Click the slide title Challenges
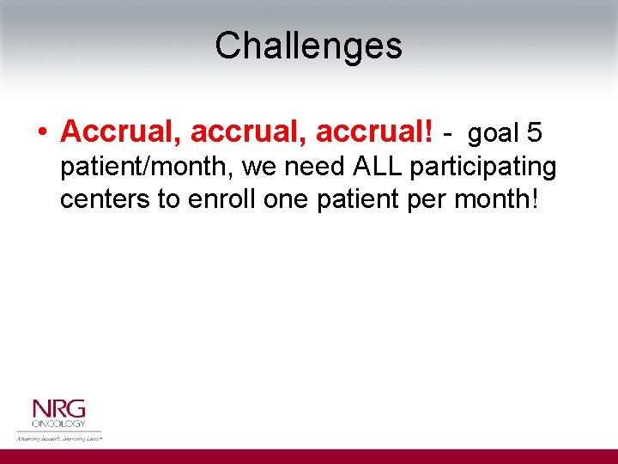click(308, 46)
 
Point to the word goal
click(494, 133)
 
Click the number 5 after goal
click(535, 132)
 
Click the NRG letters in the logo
click(58, 409)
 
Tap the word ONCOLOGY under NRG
click(58, 424)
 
